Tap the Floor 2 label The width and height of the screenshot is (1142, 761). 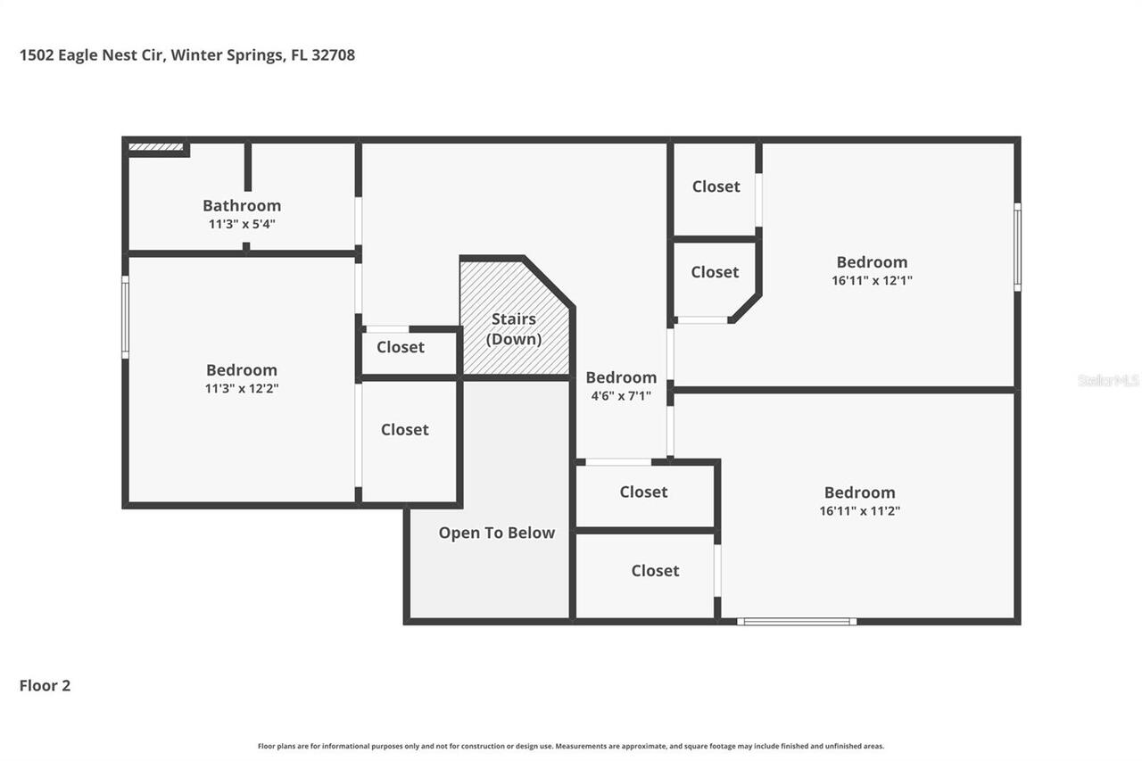click(45, 685)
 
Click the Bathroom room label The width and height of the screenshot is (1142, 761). click(242, 205)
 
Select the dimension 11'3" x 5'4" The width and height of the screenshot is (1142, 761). click(242, 224)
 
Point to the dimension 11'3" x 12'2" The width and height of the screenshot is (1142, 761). click(242, 388)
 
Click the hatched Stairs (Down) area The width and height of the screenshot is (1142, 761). click(514, 317)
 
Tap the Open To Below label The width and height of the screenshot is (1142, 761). click(496, 533)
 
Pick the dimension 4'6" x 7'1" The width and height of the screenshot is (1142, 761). click(621, 395)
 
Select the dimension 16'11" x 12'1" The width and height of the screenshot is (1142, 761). click(872, 280)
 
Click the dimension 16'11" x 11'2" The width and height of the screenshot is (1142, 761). click(859, 511)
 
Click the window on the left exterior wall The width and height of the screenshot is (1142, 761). click(125, 317)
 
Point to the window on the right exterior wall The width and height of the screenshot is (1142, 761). click(1017, 247)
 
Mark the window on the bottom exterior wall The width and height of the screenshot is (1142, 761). click(797, 621)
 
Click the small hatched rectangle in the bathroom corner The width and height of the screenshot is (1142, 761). click(155, 147)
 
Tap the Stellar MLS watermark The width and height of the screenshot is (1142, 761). click(1108, 380)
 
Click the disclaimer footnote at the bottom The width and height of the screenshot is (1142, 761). click(571, 746)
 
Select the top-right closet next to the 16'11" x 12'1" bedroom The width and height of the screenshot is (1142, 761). click(716, 186)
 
